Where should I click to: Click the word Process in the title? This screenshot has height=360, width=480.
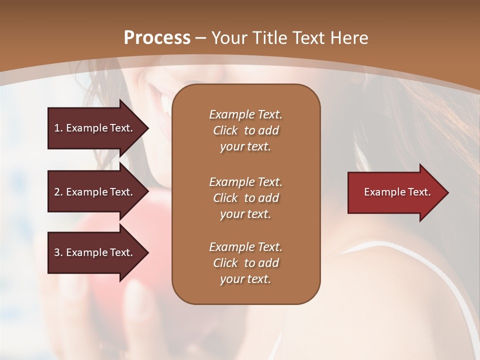(x=157, y=37)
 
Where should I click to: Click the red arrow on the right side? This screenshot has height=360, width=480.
(x=395, y=192)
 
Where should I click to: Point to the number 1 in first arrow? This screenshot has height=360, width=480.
(x=57, y=128)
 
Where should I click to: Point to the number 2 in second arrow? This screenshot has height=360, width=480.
(x=57, y=192)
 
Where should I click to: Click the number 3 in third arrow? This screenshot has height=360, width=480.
(x=57, y=252)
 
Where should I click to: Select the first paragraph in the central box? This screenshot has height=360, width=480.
(x=245, y=130)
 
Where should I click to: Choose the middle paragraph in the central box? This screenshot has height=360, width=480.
(x=245, y=197)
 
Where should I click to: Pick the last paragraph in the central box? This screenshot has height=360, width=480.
(x=245, y=263)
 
